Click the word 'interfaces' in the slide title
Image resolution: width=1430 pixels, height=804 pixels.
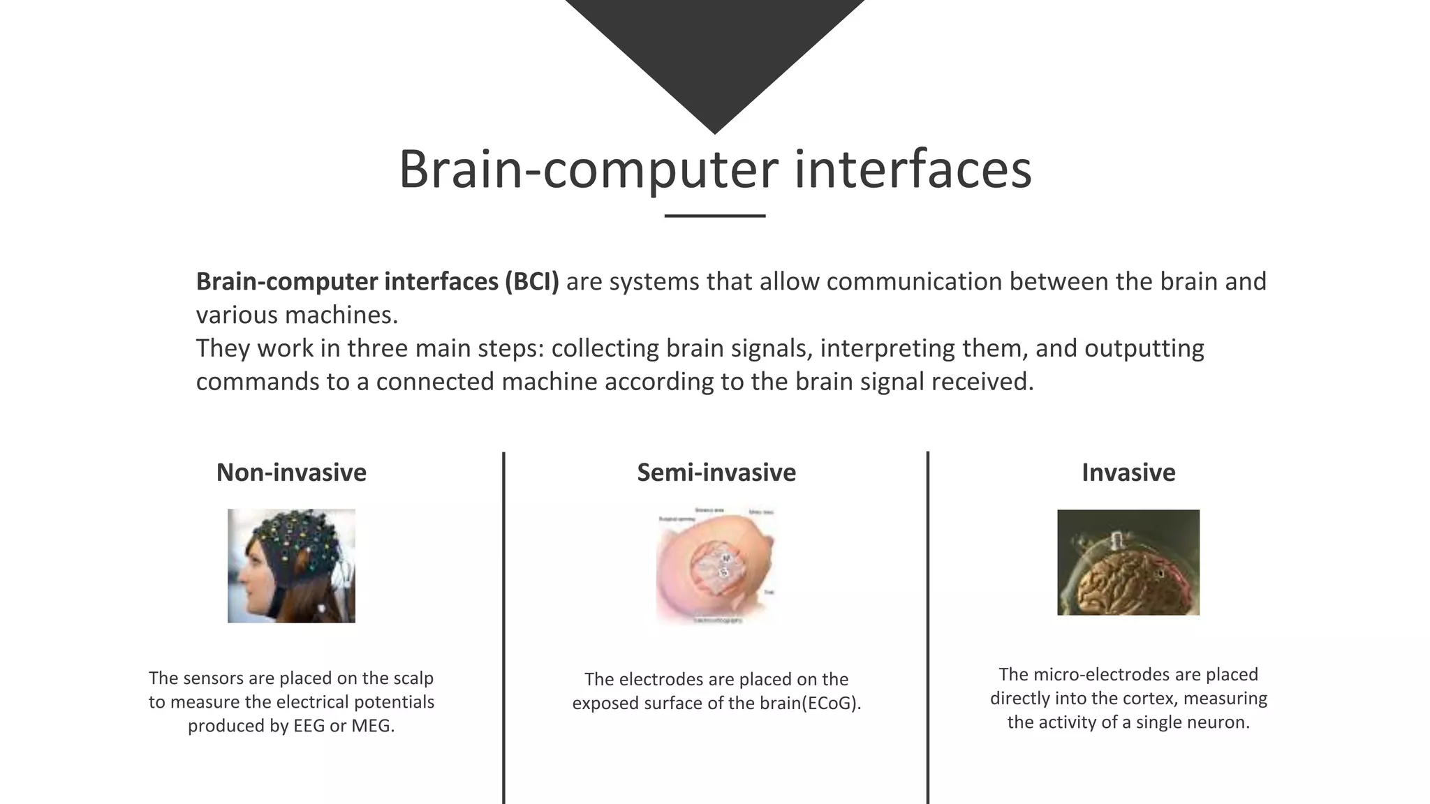pyautogui.click(x=913, y=170)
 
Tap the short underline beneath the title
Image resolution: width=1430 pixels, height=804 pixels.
pyautogui.click(x=714, y=216)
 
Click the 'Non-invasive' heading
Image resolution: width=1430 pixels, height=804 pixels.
pyautogui.click(x=291, y=472)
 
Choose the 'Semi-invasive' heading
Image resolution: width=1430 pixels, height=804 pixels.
pyautogui.click(x=716, y=472)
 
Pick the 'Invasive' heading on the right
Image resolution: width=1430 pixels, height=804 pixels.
pyautogui.click(x=1128, y=472)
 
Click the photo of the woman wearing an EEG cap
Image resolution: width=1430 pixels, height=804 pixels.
pyautogui.click(x=291, y=565)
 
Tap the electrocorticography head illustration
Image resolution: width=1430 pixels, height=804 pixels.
pyautogui.click(x=716, y=565)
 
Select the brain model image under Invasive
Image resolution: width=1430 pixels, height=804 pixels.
pyautogui.click(x=1128, y=562)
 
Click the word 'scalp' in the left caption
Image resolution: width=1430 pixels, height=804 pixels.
pyautogui.click(x=413, y=678)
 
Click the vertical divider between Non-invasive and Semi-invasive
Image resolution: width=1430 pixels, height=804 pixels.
pyautogui.click(x=503, y=628)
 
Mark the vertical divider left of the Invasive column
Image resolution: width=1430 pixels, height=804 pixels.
pyautogui.click(x=927, y=628)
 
